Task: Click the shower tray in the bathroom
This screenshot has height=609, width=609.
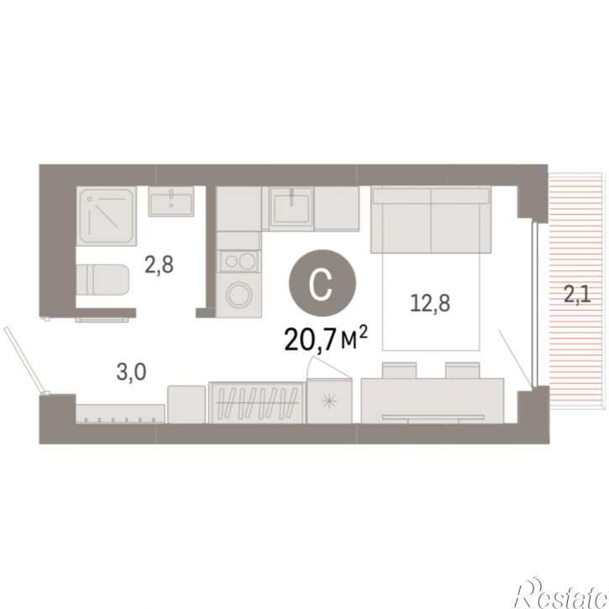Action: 107,216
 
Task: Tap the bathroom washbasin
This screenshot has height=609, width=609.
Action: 171,202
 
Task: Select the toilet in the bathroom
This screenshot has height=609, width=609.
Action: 102,280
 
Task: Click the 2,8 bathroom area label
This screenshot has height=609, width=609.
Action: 160,265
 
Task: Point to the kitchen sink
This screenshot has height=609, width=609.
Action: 291,207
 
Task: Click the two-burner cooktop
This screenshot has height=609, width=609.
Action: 239,261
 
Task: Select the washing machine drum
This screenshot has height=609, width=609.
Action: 239,295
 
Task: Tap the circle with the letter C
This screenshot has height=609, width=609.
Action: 322,283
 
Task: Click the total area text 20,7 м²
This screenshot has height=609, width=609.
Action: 325,339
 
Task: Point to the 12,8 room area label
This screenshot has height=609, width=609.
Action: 430,303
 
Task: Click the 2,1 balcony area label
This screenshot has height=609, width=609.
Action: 577,294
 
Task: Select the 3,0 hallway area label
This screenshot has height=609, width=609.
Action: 131,371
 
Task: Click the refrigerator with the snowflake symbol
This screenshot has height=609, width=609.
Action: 329,401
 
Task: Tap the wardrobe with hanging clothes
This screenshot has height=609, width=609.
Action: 256,402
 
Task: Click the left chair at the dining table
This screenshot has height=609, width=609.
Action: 399,370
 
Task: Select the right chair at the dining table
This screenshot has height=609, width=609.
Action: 463,370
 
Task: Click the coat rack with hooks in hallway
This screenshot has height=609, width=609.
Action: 120,413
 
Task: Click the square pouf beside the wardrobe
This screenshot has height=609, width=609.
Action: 186,404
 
